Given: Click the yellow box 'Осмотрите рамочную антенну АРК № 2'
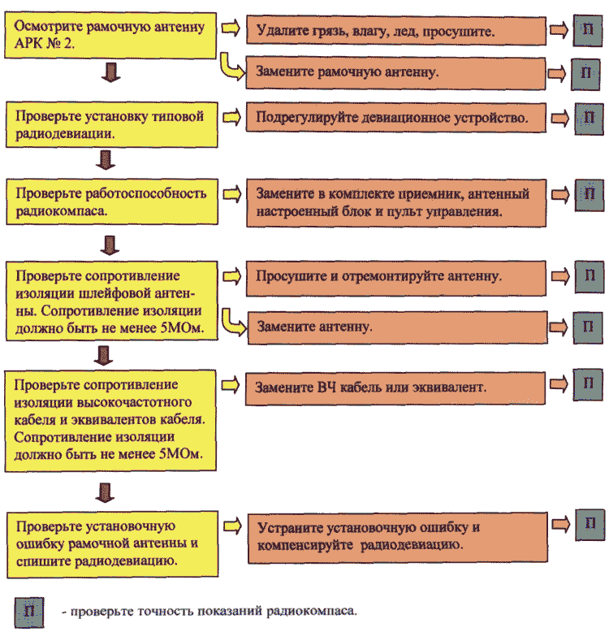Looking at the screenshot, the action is tap(110, 35).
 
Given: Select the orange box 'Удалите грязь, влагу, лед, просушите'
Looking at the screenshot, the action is tap(396, 30).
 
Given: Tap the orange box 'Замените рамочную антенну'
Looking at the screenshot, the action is tap(395, 73).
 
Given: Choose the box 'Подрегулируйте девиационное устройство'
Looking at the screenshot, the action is tap(396, 117).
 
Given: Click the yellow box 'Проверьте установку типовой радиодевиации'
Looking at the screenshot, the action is tap(111, 124).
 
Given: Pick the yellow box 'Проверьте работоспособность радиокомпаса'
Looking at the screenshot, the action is tap(112, 201).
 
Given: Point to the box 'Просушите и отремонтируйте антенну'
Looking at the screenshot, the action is tap(396, 279).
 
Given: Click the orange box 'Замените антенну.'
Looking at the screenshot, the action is tap(397, 327).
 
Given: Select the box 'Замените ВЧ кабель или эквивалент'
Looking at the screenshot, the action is tap(395, 388).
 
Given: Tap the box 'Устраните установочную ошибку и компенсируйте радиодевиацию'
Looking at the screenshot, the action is tap(398, 537).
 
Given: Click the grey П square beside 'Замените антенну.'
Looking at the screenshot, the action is tap(588, 327).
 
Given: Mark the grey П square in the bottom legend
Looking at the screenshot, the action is tap(29, 613).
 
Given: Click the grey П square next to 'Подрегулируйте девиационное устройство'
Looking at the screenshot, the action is tap(589, 119).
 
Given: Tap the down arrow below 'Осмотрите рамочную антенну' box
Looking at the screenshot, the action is tap(110, 72).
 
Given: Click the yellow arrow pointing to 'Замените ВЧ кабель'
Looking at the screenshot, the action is tap(231, 385).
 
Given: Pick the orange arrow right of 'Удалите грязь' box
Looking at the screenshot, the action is tap(559, 30).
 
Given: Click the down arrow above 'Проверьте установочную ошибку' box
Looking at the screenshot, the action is tap(105, 492).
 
